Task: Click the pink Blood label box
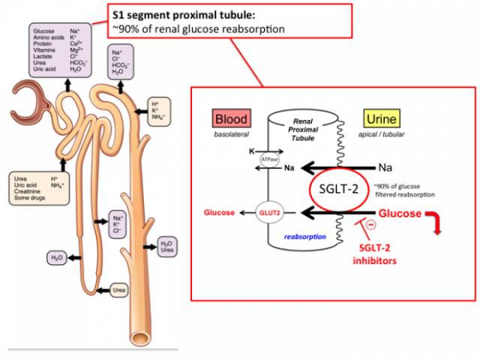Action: (231, 118)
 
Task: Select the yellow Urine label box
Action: (382, 118)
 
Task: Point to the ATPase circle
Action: (269, 159)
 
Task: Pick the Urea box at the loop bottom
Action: (118, 289)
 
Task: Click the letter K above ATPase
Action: (251, 150)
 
